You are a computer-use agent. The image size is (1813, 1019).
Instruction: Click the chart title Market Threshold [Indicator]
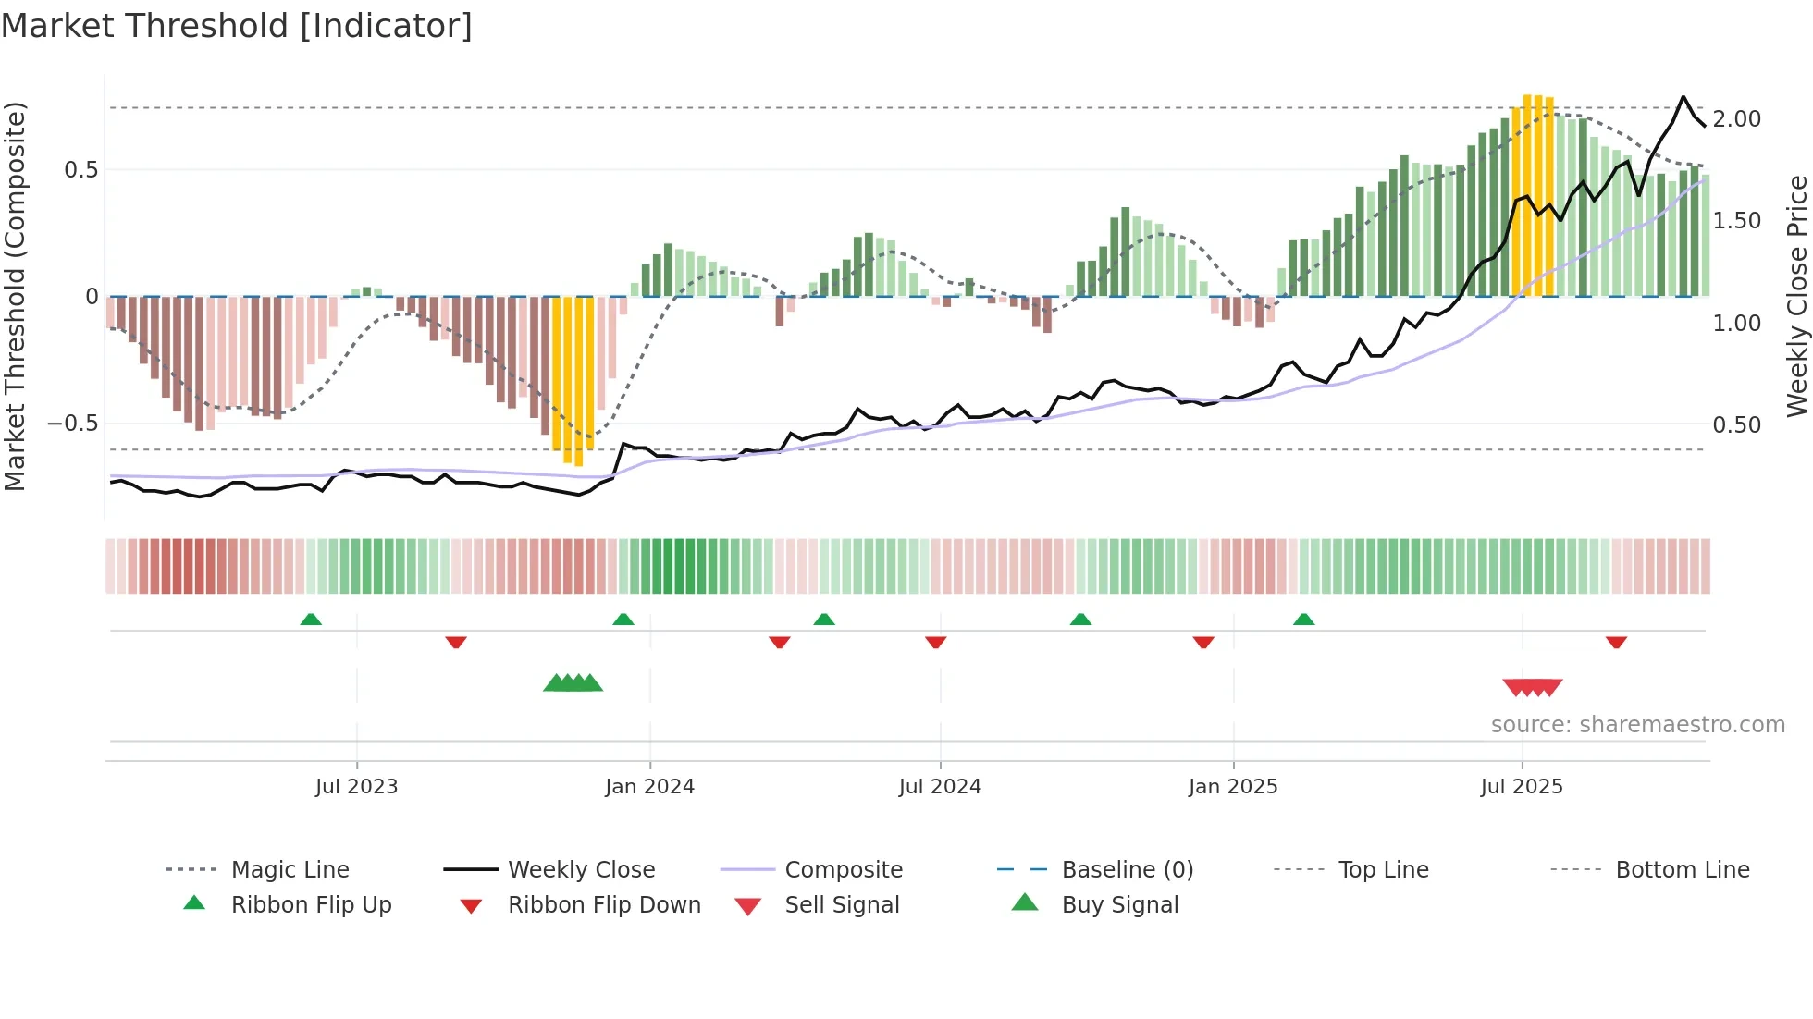(237, 26)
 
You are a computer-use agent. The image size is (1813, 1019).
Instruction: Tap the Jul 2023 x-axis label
(356, 787)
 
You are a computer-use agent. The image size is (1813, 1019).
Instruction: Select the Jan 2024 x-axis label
(649, 787)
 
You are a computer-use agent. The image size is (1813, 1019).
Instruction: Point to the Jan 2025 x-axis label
(1233, 787)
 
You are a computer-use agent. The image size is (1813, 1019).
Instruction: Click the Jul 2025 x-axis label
(1522, 787)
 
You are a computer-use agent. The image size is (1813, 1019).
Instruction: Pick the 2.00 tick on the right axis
(1736, 119)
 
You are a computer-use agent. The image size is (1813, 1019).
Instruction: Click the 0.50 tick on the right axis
(1736, 425)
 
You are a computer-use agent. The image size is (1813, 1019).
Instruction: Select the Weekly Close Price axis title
(1796, 296)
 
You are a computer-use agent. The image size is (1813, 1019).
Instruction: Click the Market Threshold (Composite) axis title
(15, 296)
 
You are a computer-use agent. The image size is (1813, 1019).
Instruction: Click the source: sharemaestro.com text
(1637, 725)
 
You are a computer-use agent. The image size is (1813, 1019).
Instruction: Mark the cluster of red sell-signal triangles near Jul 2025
(1533, 687)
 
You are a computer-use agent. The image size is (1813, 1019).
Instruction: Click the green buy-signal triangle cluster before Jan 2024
(573, 683)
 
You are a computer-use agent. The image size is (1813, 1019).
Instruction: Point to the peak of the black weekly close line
(1683, 97)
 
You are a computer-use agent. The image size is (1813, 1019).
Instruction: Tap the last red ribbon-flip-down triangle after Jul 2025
(1616, 642)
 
